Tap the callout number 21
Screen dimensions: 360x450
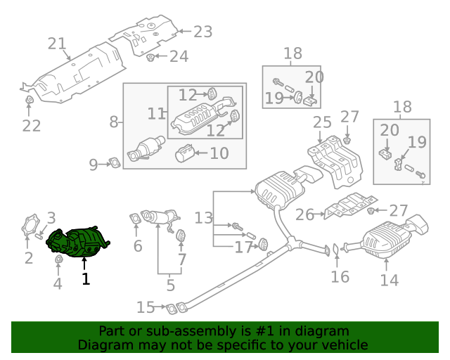click(x=56, y=44)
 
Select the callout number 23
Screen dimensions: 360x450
click(x=202, y=32)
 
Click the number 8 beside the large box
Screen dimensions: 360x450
click(x=114, y=122)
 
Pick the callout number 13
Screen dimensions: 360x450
click(x=203, y=218)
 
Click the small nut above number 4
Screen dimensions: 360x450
click(x=58, y=262)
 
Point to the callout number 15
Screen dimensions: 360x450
click(x=145, y=307)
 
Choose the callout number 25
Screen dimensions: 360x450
click(x=322, y=123)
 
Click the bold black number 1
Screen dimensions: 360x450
click(x=85, y=279)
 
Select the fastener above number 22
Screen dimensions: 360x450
click(x=29, y=106)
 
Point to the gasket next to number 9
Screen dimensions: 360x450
click(x=113, y=165)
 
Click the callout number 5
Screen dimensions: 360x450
click(x=169, y=285)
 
